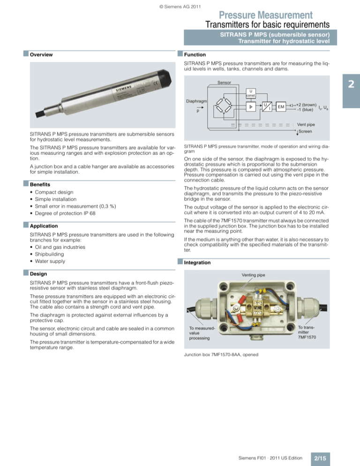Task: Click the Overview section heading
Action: click(41, 55)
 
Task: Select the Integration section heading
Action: click(197, 263)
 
